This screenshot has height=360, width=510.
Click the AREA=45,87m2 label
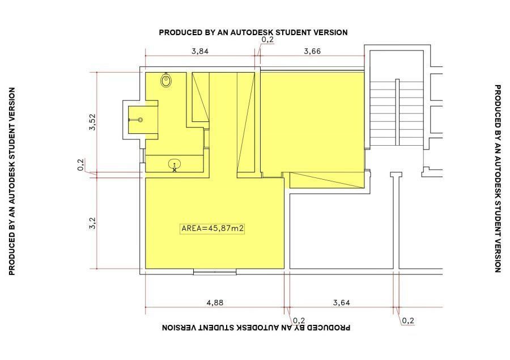click(x=212, y=228)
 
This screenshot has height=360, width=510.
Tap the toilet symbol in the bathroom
click(x=166, y=80)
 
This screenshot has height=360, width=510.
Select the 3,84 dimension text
click(x=199, y=51)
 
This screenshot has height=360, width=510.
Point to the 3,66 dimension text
click(x=312, y=51)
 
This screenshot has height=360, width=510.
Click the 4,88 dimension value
click(x=215, y=303)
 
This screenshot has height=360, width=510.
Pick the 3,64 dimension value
click(x=342, y=303)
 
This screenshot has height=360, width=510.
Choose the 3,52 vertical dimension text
click(x=93, y=122)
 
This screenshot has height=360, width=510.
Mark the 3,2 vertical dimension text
click(x=93, y=223)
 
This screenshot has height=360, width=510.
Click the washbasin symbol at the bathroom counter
click(x=175, y=165)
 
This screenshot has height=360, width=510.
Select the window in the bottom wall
click(x=215, y=272)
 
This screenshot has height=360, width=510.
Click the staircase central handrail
click(x=397, y=112)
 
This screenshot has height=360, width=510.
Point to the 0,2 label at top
click(x=267, y=40)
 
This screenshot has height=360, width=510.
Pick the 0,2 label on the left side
click(x=80, y=164)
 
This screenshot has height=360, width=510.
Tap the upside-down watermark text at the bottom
click(x=256, y=328)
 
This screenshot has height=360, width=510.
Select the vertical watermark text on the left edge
click(x=12, y=181)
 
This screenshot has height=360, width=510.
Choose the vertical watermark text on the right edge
click(x=498, y=179)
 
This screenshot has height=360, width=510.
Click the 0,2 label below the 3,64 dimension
click(x=408, y=321)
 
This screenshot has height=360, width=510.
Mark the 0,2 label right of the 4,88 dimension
click(x=299, y=321)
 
